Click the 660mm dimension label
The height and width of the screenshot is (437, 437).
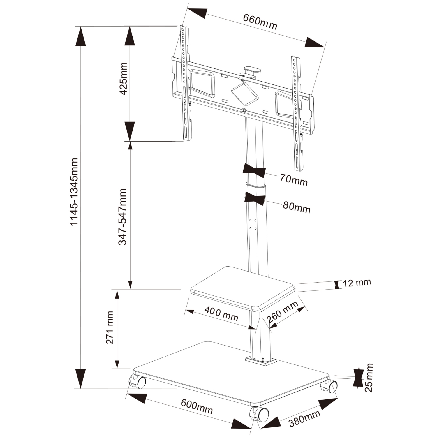click(x=260, y=22)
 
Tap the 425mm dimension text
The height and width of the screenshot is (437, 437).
click(x=124, y=78)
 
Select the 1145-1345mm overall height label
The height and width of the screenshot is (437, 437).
click(x=74, y=191)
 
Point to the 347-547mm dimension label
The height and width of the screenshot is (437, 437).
click(x=123, y=216)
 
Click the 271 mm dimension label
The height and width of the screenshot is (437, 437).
click(x=110, y=327)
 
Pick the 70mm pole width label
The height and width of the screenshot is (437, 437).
click(x=294, y=179)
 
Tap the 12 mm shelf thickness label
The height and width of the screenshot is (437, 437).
click(x=357, y=283)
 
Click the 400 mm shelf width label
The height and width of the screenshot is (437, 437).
click(x=221, y=314)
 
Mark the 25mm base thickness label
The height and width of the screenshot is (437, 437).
click(x=369, y=378)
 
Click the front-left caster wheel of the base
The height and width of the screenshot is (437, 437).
click(x=138, y=382)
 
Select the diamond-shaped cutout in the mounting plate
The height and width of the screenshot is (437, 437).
click(x=245, y=93)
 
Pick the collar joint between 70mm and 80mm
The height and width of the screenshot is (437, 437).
click(x=256, y=188)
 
